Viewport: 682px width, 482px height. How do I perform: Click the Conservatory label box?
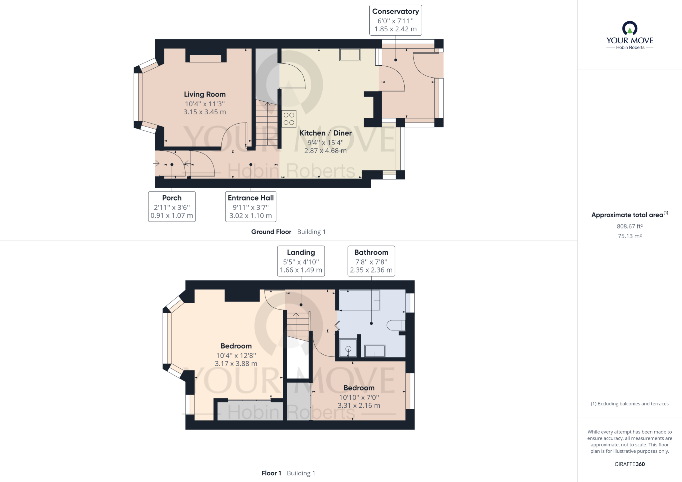tap(396, 20)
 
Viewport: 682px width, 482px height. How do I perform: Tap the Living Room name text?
tap(205, 94)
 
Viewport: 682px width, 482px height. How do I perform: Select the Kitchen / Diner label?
tap(325, 133)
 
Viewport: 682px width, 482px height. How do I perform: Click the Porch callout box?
tap(172, 207)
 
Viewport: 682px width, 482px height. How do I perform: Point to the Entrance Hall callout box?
tap(251, 207)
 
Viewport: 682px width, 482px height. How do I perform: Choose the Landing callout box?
tap(301, 261)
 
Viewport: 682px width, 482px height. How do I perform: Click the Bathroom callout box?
tap(371, 261)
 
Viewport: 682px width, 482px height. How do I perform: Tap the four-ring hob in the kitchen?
tap(289, 119)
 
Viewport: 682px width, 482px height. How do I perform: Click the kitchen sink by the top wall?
tap(350, 55)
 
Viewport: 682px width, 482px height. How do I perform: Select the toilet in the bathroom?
tap(396, 325)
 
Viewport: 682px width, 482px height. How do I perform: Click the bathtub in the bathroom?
tap(360, 300)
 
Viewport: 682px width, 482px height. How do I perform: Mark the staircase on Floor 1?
tap(298, 327)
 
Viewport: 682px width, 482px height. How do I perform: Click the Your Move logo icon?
tap(630, 28)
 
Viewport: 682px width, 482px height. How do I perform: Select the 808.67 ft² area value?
tap(630, 226)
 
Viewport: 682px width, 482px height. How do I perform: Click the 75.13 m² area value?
tap(630, 236)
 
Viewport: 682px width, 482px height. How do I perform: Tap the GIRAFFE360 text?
tap(630, 464)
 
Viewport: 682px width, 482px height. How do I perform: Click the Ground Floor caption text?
tap(271, 232)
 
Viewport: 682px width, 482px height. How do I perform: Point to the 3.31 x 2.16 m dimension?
tap(359, 405)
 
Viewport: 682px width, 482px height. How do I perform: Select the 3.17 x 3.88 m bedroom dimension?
tap(236, 364)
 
